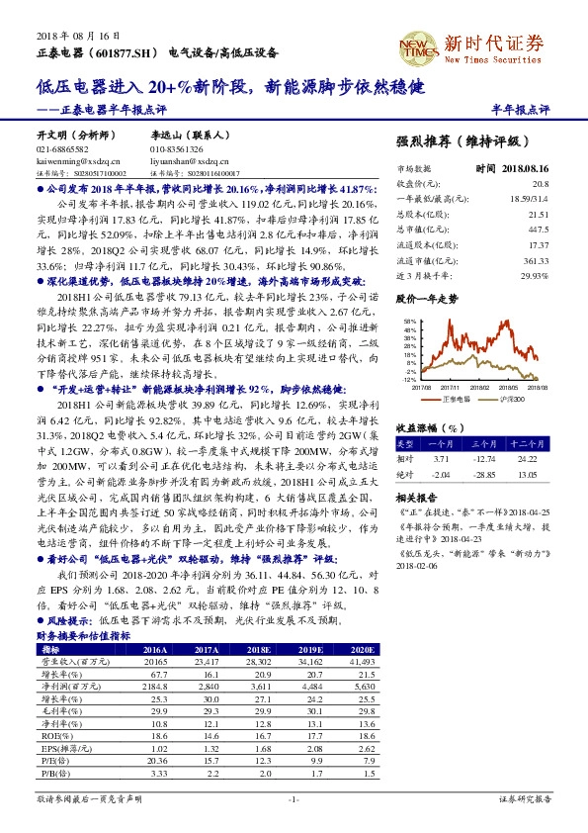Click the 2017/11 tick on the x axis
[x=453, y=388]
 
